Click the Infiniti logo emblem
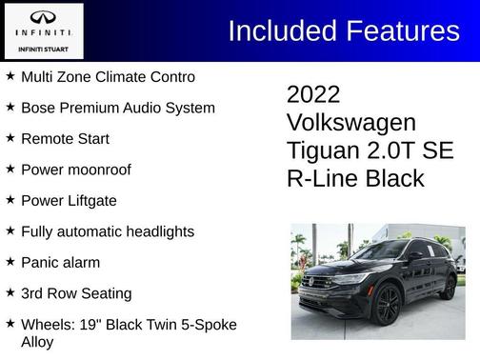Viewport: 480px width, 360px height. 43,19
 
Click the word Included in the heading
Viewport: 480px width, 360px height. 281,31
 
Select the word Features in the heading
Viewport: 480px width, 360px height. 401,31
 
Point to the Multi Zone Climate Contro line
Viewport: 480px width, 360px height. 108,76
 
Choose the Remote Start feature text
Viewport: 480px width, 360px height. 65,138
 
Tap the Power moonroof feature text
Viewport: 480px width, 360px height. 75,170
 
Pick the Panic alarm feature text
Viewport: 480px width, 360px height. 60,262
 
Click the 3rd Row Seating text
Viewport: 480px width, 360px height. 76,293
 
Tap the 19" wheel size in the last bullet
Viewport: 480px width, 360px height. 89,325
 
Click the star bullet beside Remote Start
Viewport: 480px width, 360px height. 10,138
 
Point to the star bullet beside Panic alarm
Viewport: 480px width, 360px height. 10,262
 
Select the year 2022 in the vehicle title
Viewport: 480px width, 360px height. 313,94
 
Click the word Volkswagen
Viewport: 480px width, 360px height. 350,123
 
